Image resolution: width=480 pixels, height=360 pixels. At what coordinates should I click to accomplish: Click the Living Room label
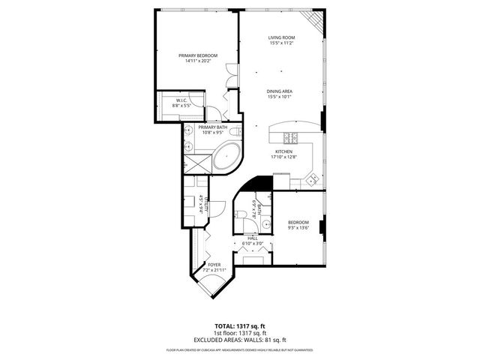pos(281,38)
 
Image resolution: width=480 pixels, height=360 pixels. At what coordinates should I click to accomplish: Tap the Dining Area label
pos(279,91)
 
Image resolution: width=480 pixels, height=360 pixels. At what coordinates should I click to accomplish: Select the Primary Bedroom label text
pos(198,55)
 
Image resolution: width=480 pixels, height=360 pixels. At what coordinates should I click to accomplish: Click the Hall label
pos(252,238)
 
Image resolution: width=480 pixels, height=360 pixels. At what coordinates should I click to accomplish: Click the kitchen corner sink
pos(311,178)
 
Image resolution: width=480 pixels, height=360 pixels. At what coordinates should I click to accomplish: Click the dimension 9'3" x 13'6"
pos(298,228)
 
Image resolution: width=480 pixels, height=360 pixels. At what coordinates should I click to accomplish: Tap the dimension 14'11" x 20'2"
pos(198,61)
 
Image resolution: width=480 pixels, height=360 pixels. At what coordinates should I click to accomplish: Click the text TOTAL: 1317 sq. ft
pos(240,326)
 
